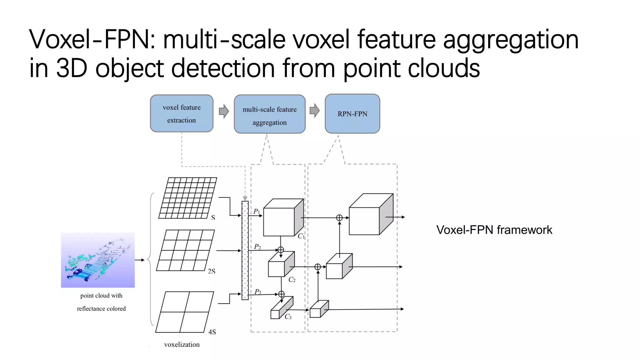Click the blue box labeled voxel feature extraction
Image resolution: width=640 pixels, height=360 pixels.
point(182,113)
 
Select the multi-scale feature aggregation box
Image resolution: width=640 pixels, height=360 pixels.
point(269,114)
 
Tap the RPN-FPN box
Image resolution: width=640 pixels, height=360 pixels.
point(352,114)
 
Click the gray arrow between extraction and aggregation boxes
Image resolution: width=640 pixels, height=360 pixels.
point(224,111)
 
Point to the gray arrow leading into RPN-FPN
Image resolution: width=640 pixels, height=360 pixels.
point(315,111)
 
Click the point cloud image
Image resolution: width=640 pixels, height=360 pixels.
point(98,260)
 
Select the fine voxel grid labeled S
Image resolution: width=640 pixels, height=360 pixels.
point(187,198)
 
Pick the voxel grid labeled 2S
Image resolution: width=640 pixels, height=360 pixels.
point(185,250)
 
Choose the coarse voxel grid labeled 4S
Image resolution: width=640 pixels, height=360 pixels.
point(185,312)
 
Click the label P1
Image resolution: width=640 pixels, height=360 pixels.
point(257,212)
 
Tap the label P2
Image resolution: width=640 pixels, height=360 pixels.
point(257,247)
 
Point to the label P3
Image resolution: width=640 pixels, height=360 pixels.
point(258,292)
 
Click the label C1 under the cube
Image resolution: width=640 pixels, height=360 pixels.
point(301,236)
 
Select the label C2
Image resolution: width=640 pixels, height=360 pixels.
point(292,280)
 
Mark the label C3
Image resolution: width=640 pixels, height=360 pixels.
point(288,317)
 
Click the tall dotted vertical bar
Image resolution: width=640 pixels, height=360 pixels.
point(245,250)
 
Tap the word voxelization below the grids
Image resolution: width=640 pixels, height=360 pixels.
point(182,344)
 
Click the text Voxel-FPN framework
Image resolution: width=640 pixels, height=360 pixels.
point(494,230)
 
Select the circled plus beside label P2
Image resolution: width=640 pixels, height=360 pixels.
point(281,250)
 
